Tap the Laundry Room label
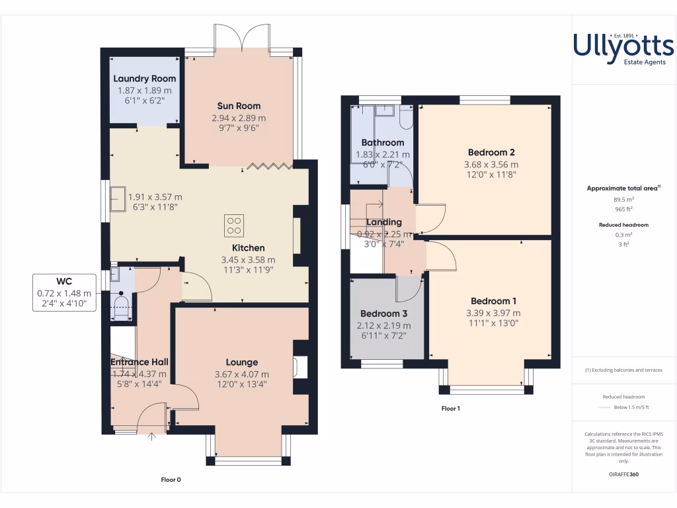(x=144, y=79)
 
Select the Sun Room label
(x=239, y=106)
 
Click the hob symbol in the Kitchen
(x=233, y=226)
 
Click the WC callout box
(x=63, y=292)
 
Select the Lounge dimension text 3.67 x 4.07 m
(x=242, y=374)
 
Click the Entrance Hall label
(x=139, y=362)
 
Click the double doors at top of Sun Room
(x=243, y=38)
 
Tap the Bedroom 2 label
(x=491, y=152)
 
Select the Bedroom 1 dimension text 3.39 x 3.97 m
(x=493, y=313)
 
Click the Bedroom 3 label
(x=383, y=314)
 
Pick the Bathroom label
(x=382, y=143)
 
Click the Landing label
(x=383, y=222)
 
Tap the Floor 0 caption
(x=171, y=480)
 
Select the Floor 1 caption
(x=450, y=409)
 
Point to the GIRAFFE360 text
(x=623, y=474)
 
